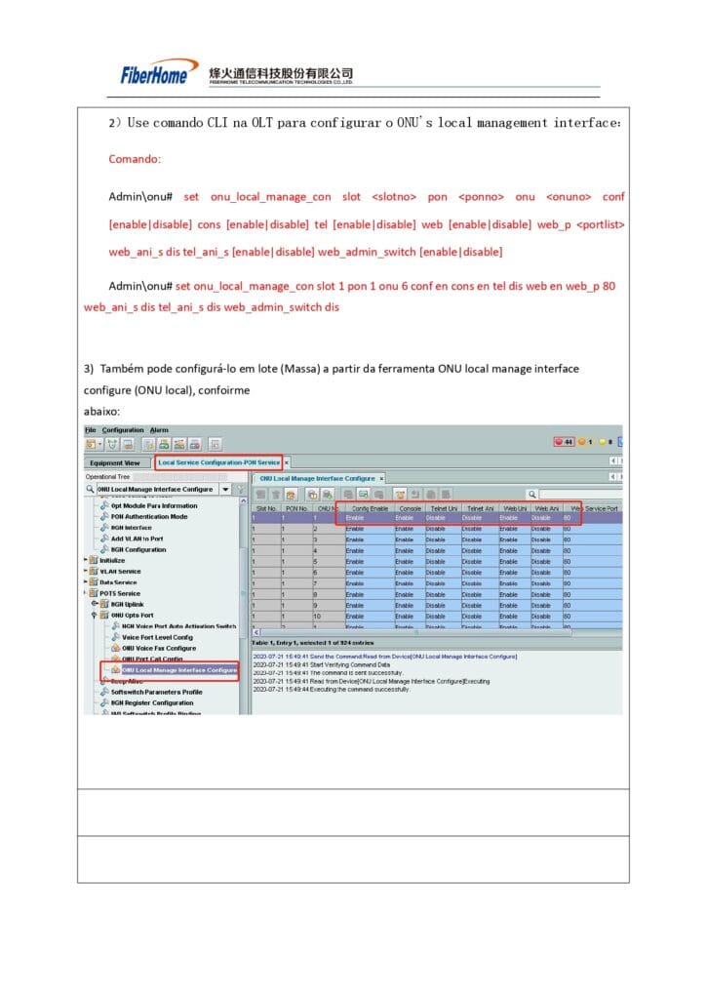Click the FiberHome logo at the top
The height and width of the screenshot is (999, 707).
[154, 74]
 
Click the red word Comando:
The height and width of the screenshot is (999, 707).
[135, 159]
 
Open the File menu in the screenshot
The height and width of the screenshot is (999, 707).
[90, 430]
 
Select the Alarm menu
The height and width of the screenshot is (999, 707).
[159, 430]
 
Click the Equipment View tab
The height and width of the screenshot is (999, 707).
[114, 462]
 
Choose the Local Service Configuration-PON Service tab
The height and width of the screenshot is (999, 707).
[218, 461]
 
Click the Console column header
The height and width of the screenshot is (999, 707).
[410, 508]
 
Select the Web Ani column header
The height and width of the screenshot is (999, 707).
[546, 508]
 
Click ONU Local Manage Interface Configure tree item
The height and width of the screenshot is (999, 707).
[179, 670]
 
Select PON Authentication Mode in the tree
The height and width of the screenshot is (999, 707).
[149, 517]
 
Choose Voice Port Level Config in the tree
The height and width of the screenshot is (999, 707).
[157, 637]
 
